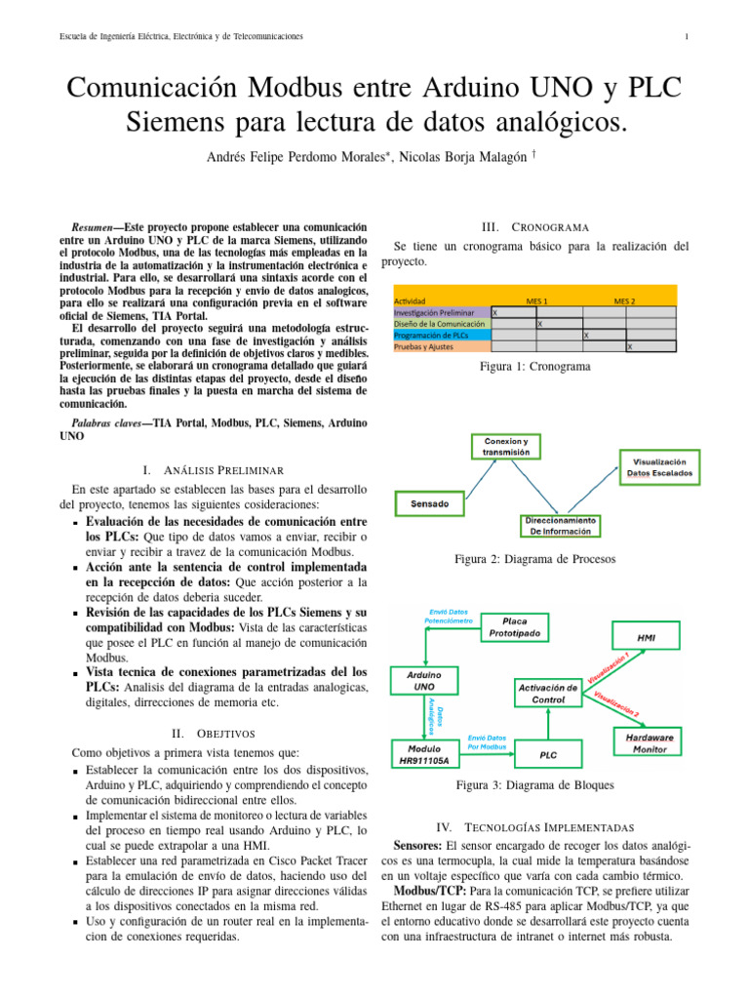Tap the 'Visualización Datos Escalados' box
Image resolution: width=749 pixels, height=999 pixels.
coord(659,466)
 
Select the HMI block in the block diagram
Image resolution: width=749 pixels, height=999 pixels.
coord(646,637)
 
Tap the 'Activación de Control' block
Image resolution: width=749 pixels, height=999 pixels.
coord(547,694)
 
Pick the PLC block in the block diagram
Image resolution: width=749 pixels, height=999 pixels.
coord(548,755)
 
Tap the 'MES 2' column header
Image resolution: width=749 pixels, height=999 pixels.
coord(625,301)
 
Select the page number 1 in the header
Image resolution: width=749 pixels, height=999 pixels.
coord(688,37)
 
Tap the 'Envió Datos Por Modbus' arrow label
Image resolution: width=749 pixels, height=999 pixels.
coord(487,744)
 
